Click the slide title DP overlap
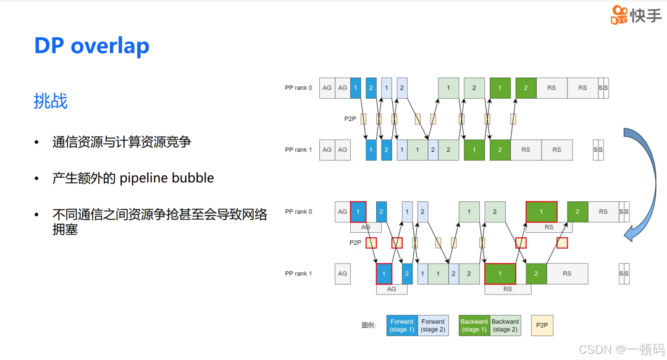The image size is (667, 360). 91,46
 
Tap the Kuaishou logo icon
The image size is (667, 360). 619,15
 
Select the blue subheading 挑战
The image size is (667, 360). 51,101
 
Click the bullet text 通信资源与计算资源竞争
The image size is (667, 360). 122,142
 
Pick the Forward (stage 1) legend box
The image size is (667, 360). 402,325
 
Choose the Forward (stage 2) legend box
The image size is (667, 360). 433,325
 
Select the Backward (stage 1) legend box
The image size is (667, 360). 474,325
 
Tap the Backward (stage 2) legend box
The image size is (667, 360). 505,325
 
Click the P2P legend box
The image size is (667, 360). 542,325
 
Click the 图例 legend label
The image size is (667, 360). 369,325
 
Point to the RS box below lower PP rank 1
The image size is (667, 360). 508,288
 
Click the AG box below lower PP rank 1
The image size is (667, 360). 392,288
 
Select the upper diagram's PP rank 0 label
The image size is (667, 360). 298,88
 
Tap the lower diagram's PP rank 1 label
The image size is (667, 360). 298,274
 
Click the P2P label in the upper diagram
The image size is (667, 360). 350,119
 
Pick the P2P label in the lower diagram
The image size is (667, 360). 355,243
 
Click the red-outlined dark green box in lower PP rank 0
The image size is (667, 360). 542,212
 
